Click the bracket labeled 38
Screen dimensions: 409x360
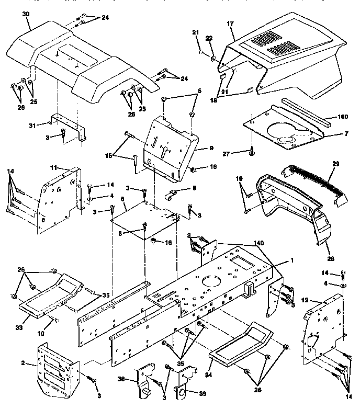click(x=144, y=380)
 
